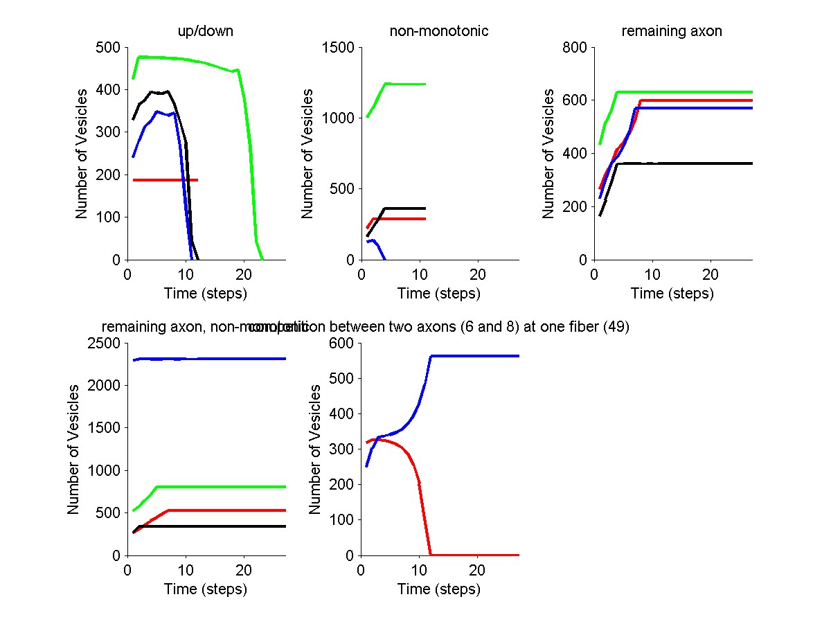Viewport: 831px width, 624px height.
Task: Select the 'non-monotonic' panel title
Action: (x=439, y=31)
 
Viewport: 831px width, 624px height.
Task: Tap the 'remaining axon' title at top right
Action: (x=672, y=31)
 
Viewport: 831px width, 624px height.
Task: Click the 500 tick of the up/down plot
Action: (x=109, y=48)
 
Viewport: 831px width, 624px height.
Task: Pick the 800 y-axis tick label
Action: (x=575, y=48)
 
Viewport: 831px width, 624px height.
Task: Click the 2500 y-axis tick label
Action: (x=104, y=344)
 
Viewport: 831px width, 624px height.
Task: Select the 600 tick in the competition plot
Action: (x=342, y=344)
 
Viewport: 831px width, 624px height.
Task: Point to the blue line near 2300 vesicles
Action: (x=208, y=359)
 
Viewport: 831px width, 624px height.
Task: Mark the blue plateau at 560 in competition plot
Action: (x=478, y=356)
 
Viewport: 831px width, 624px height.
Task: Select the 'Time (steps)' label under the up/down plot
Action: (x=206, y=294)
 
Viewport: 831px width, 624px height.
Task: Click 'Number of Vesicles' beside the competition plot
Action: (x=315, y=449)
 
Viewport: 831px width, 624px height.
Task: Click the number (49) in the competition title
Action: (x=616, y=328)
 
